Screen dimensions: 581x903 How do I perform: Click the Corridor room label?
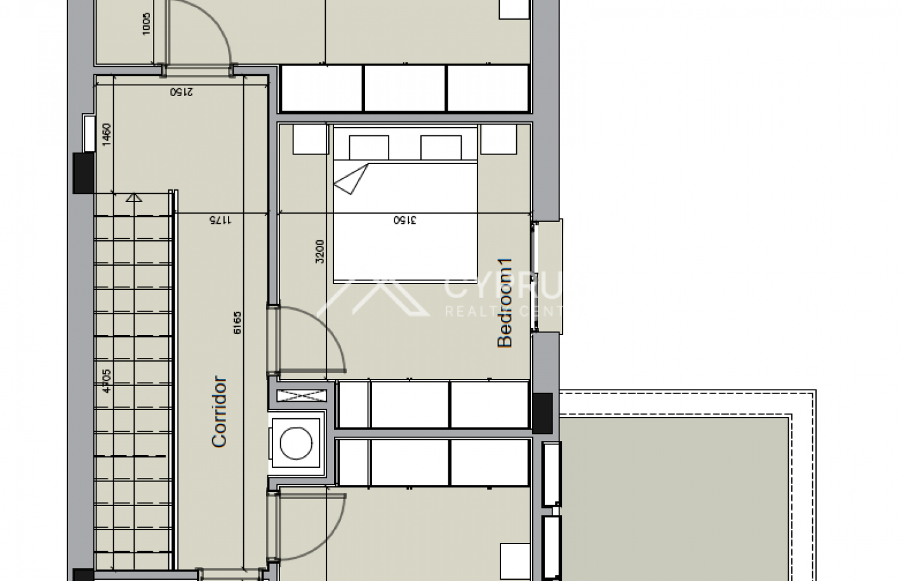coord(219,412)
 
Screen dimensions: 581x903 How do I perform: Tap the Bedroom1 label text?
coord(504,302)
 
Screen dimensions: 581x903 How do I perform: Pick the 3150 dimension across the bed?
coord(405,221)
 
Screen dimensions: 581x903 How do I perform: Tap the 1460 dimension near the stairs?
coord(106,135)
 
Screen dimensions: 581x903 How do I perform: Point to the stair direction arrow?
coord(133,197)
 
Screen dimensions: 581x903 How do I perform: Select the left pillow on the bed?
coord(369,147)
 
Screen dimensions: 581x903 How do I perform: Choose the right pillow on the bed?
coord(441,147)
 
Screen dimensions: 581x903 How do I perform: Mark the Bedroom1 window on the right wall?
coord(535,277)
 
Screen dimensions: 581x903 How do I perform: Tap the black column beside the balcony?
coord(543,413)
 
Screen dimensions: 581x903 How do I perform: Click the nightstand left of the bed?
coord(309,139)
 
